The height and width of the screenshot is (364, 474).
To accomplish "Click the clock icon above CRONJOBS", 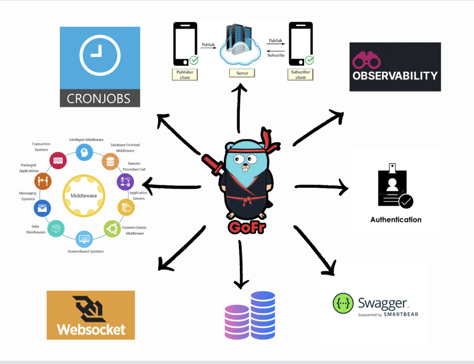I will coord(100,55).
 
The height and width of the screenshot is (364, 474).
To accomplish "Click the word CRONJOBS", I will coord(100,97).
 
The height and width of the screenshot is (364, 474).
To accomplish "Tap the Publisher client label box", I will coord(185,74).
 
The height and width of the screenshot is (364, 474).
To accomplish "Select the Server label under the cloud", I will coord(242,72).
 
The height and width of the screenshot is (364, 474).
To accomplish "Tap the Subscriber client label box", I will coord(300,74).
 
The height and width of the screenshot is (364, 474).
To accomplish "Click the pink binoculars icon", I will coord(366,60).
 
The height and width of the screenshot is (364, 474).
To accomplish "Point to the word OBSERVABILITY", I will coord(395,76).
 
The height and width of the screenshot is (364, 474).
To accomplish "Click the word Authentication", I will coord(396,220).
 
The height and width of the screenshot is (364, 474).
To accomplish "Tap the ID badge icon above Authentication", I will coord(393,187).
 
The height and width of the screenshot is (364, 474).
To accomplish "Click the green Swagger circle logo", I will coord(343,303).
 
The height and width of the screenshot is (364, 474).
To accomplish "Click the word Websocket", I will coord(91,328).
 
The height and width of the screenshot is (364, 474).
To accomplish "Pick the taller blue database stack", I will coord(262,314).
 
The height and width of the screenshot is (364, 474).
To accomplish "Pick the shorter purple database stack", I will coord(236,321).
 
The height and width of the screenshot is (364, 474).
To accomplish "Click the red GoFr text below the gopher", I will coord(246,227).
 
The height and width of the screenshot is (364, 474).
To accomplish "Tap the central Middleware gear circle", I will coord(84,196).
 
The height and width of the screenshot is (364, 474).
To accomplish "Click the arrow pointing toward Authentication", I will coord(321,188).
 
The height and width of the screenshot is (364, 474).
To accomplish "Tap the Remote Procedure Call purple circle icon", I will coord(125,182).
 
